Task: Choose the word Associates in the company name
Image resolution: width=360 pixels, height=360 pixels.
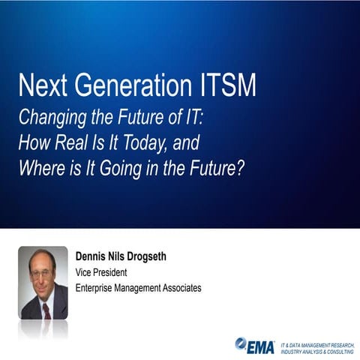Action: (x=181, y=287)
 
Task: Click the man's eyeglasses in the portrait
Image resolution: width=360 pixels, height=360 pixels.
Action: (x=42, y=274)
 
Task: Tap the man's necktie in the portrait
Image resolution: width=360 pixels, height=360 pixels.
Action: (x=46, y=307)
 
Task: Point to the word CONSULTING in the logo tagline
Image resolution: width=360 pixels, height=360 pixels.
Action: (x=335, y=350)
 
